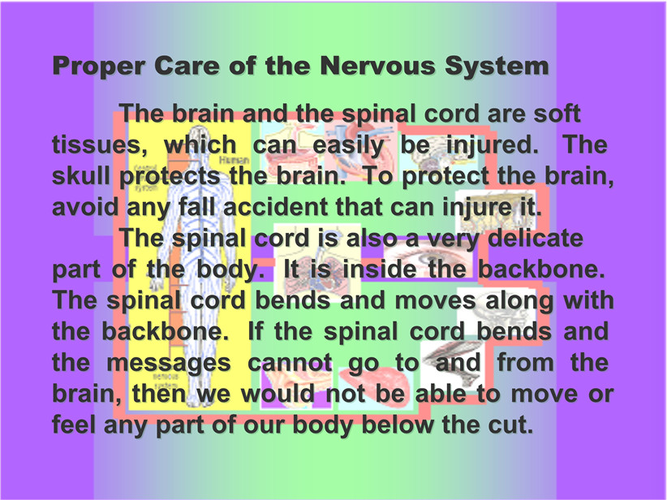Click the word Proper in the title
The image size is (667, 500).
tap(98, 67)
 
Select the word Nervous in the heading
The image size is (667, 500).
tap(378, 66)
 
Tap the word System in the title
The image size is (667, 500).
tap(497, 67)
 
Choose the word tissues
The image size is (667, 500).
tap(96, 145)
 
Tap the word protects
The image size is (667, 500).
tap(170, 177)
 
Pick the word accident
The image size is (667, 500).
tap(276, 207)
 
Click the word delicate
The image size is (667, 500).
tap(535, 238)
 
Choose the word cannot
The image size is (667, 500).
tap(290, 364)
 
